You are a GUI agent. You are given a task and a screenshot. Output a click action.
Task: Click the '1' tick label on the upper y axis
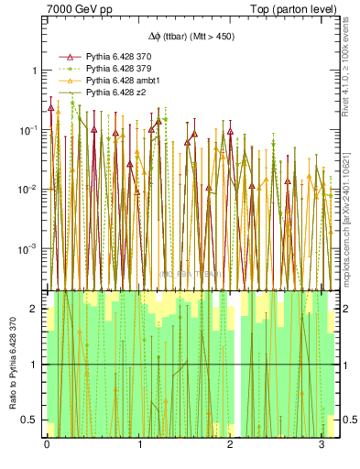tap(34, 71)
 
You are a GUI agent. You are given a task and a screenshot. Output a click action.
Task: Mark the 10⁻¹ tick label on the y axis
tap(29, 129)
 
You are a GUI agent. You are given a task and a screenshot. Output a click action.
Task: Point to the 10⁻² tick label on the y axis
tap(29, 189)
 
